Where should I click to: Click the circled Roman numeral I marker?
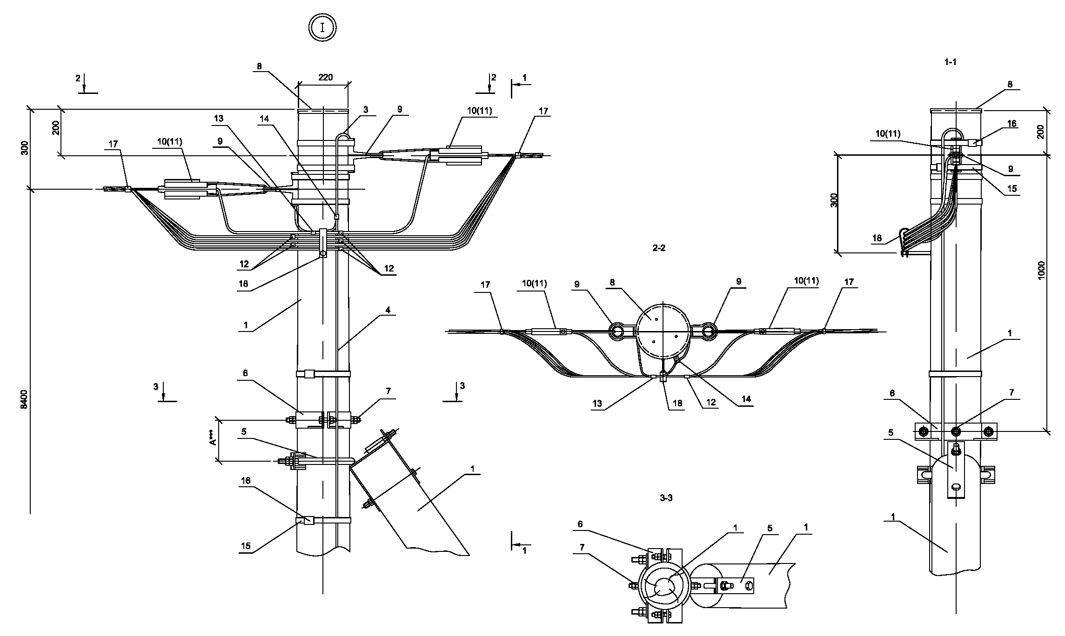pyautogui.click(x=322, y=27)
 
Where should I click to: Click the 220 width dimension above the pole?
pyautogui.click(x=326, y=77)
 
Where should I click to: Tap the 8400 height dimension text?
pyautogui.click(x=25, y=399)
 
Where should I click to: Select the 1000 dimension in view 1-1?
pyautogui.click(x=1041, y=270)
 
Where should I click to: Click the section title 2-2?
pyautogui.click(x=659, y=248)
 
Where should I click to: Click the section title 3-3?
pyautogui.click(x=666, y=498)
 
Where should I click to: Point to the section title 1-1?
pyautogui.click(x=951, y=62)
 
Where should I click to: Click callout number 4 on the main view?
pyautogui.click(x=388, y=310)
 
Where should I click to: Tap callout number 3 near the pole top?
pyautogui.click(x=366, y=110)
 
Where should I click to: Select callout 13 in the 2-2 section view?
pyautogui.click(x=597, y=404)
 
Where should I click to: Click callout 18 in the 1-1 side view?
pyautogui.click(x=877, y=238)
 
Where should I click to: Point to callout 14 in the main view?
pyautogui.click(x=264, y=119)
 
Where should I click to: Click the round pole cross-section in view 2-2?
pyautogui.click(x=663, y=331)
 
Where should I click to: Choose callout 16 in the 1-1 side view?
pyautogui.click(x=1011, y=124)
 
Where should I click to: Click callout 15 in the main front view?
pyautogui.click(x=246, y=546)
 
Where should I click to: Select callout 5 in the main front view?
pyautogui.click(x=244, y=432)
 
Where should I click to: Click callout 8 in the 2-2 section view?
pyautogui.click(x=612, y=282)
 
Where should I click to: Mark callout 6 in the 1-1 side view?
pyautogui.click(x=892, y=393)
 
